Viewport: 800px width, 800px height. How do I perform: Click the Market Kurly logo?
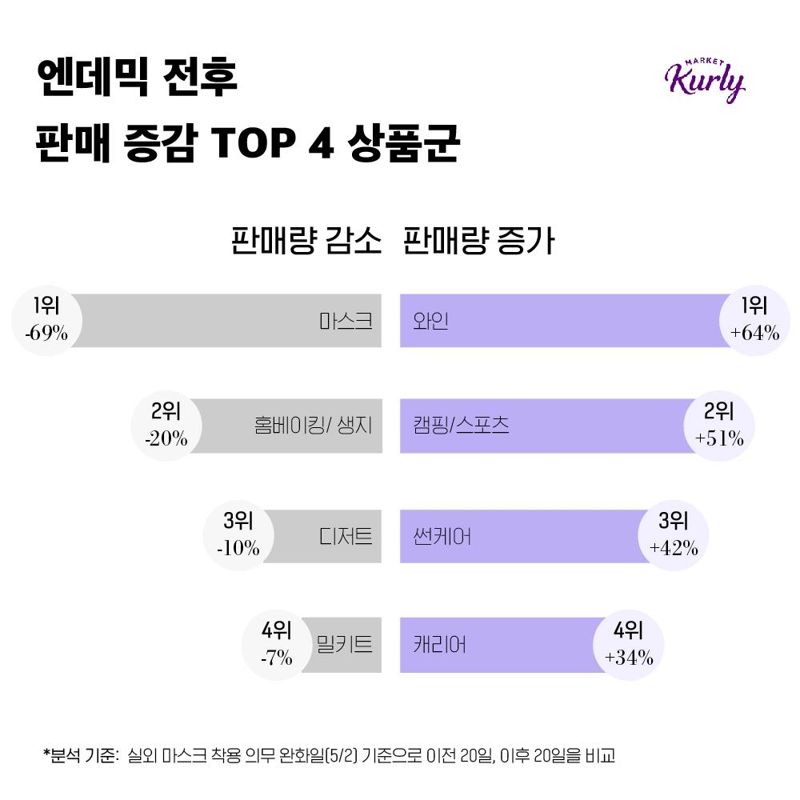click(x=704, y=78)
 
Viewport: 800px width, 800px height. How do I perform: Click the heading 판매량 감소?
click(x=306, y=241)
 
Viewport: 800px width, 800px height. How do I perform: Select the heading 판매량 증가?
click(x=479, y=241)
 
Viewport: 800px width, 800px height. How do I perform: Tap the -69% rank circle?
click(x=46, y=320)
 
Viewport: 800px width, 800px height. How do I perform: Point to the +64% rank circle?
click(x=754, y=320)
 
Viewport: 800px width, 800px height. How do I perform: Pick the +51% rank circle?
click(x=719, y=426)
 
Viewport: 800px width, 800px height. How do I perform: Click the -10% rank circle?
click(x=238, y=535)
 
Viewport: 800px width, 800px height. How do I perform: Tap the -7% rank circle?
click(x=276, y=644)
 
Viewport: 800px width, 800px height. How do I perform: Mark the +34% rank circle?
click(x=629, y=644)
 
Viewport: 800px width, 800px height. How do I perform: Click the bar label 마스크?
click(x=346, y=321)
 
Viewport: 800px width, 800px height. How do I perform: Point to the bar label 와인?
click(x=431, y=321)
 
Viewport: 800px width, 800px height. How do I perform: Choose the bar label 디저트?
click(x=346, y=535)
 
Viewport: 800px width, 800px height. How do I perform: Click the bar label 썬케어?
click(x=442, y=535)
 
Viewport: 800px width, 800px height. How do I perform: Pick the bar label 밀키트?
click(x=345, y=644)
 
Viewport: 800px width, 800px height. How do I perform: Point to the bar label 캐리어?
click(x=440, y=644)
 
